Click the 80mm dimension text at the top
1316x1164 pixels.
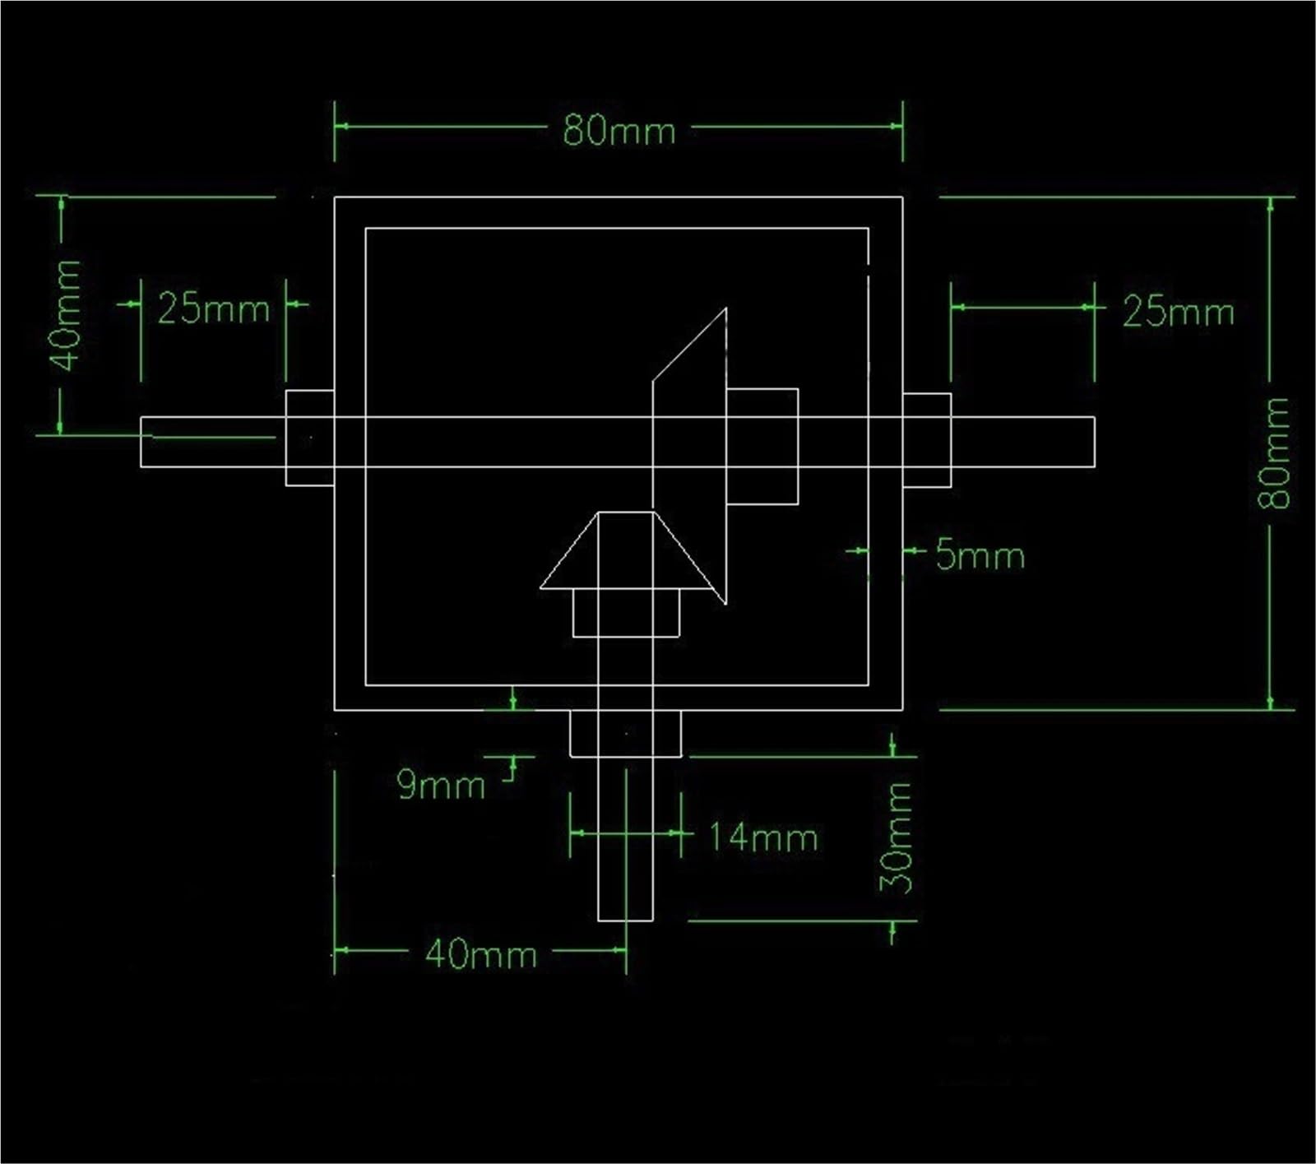[x=619, y=130]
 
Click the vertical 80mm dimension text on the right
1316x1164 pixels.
[x=1274, y=452]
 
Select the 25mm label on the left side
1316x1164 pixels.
[x=213, y=309]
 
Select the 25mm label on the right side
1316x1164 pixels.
[x=1178, y=313]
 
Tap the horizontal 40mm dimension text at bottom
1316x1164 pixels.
[x=480, y=954]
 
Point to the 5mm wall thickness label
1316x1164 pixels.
[x=980, y=557]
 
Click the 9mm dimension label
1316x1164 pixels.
[x=440, y=785]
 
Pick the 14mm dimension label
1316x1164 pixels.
[x=762, y=838]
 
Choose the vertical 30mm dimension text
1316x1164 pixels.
[x=897, y=837]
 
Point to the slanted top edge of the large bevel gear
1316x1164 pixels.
[x=689, y=345]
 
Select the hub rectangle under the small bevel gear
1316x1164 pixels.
[x=626, y=613]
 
